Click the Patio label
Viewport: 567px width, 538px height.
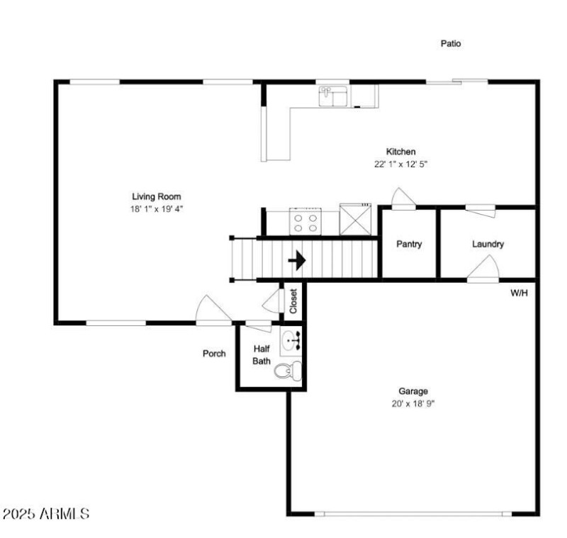(451, 43)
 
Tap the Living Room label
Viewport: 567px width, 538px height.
(157, 196)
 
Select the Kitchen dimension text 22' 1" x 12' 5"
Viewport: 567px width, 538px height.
(400, 164)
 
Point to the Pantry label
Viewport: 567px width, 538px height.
(409, 244)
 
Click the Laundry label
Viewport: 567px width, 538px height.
(488, 244)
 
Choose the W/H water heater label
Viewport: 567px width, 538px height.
(519, 293)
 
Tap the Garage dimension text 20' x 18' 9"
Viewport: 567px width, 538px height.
(413, 403)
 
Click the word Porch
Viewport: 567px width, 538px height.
(214, 353)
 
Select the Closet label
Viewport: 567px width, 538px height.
(293, 301)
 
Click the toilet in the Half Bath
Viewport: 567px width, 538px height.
(288, 371)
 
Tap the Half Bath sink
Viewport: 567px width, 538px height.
(291, 340)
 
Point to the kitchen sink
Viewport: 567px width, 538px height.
(333, 96)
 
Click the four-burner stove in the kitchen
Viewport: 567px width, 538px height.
(305, 221)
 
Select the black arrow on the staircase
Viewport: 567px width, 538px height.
(297, 260)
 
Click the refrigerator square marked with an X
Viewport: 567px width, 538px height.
(356, 219)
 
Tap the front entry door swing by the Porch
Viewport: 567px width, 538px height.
(213, 309)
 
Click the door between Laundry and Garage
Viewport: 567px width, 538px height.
(483, 268)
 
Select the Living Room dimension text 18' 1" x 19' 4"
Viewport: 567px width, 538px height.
(157, 209)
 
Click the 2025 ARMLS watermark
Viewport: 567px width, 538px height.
(46, 514)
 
